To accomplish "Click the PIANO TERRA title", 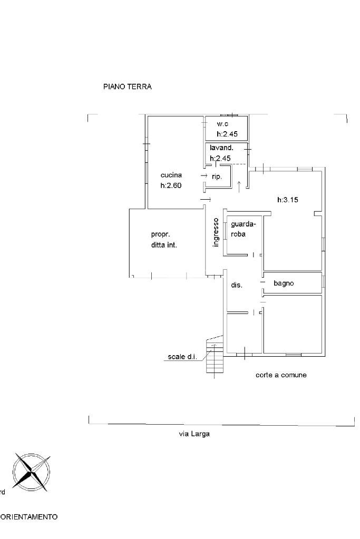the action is pos(127,86).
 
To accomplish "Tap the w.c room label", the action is pos(222,124).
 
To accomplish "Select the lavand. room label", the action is pos(221,148).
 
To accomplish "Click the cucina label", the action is pos(171,175).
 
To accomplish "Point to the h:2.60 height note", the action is pos(171,185).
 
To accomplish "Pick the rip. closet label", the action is pos(217,177).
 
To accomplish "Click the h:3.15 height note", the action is pos(288,200).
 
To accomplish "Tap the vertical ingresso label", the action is pos(216,232).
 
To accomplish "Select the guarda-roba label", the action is pos(244,229).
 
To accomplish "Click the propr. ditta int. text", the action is pos(164,240).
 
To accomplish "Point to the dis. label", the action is pos(237,285).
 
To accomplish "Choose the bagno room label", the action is pos(284,283).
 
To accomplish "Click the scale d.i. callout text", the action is pos(182,357).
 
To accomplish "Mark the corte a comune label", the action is pos(281,375).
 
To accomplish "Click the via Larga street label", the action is pos(194,434).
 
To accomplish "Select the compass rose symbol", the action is pos(31,472).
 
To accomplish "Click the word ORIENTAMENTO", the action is pos(29,517).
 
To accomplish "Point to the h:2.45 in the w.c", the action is pos(227,134).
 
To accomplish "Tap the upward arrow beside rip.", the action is pos(239,185).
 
